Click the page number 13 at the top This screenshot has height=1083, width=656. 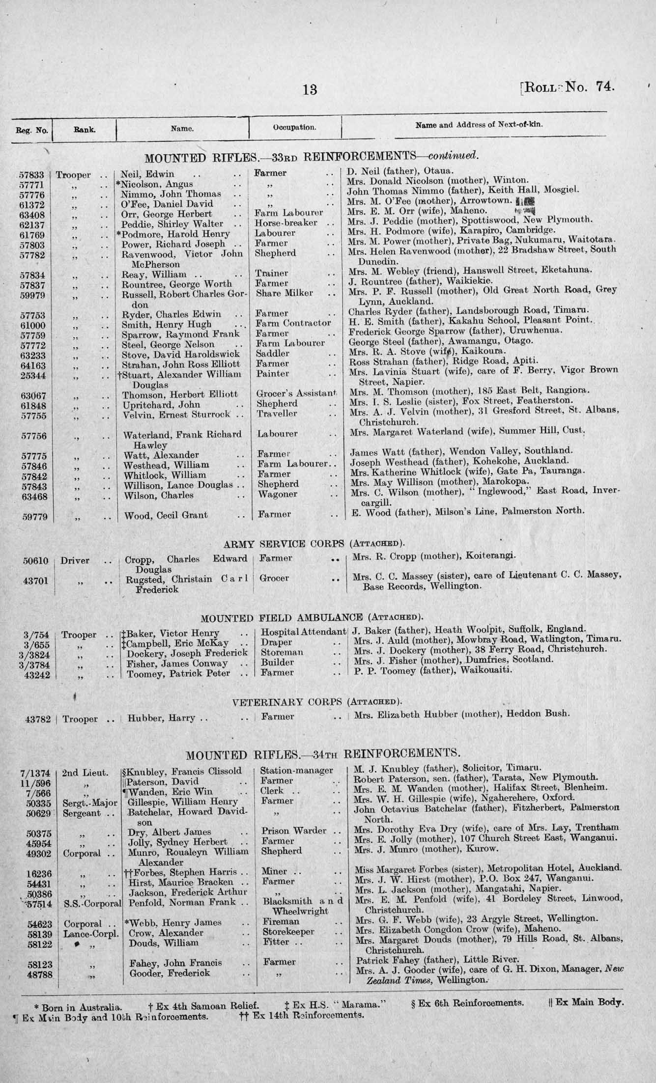coord(310,89)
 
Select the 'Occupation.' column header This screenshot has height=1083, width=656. coord(294,128)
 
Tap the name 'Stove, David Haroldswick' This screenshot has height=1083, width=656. coord(180,354)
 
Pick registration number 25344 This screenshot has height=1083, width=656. coord(32,374)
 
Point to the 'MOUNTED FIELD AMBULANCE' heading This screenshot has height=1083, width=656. coord(282,617)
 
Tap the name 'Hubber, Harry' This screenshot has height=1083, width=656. coord(162,718)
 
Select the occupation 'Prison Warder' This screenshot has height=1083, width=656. coord(293,831)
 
